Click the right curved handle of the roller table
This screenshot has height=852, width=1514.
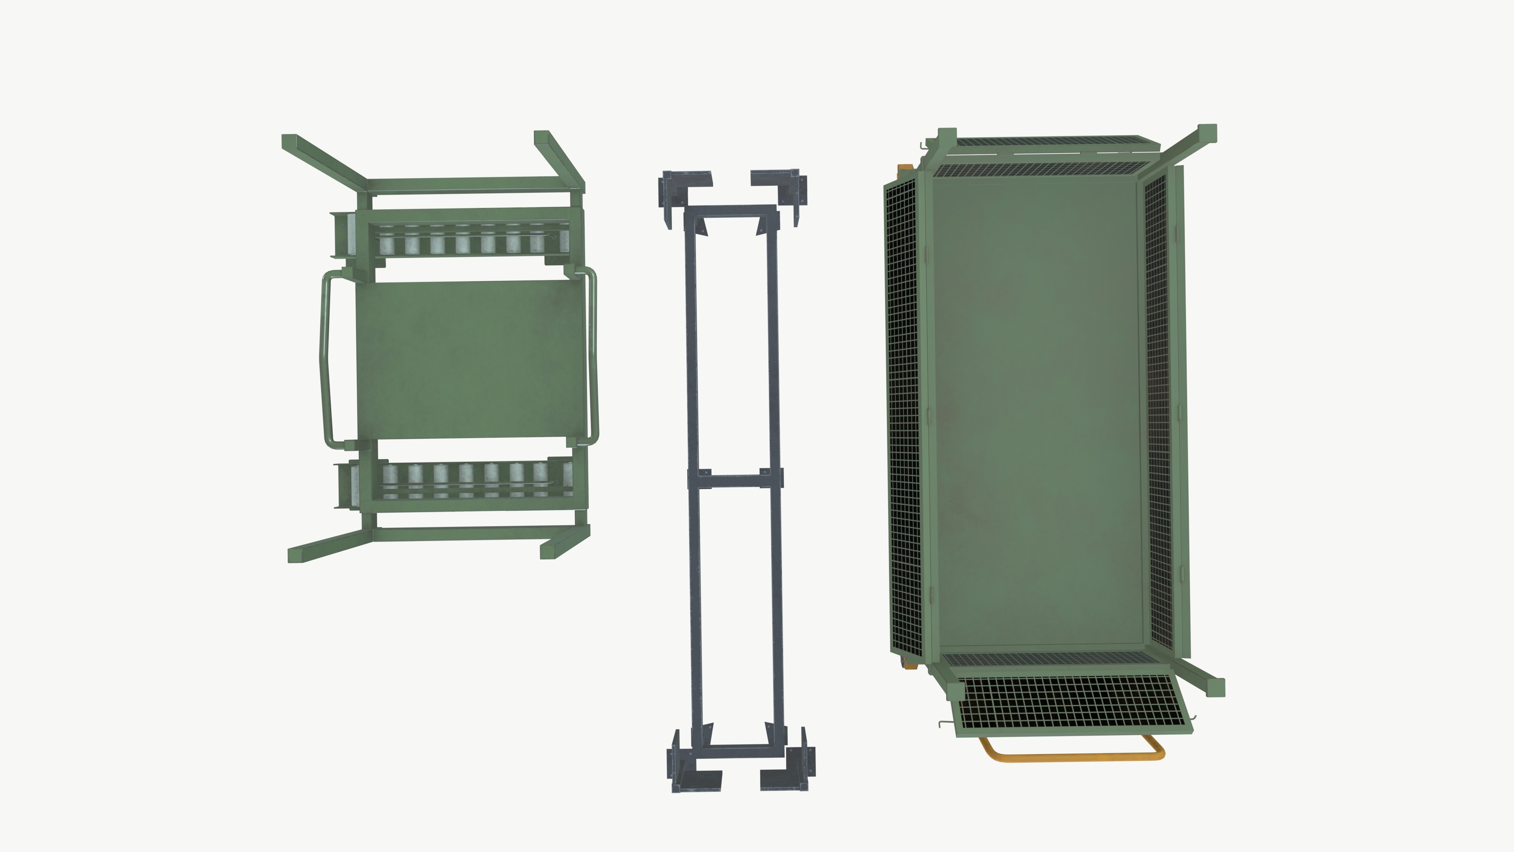coord(593,359)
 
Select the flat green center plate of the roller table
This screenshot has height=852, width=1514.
coord(470,360)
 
